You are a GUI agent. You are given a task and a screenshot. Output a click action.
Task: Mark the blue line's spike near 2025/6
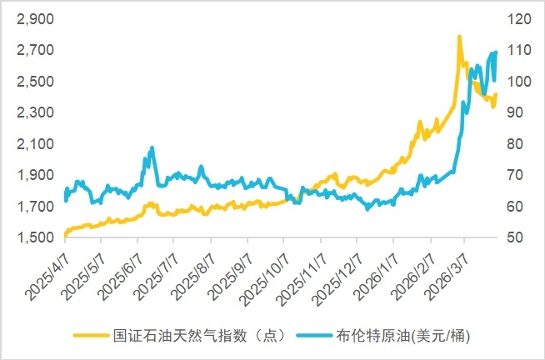[152, 148]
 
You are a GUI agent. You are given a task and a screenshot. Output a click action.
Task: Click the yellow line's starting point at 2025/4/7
[65, 235]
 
